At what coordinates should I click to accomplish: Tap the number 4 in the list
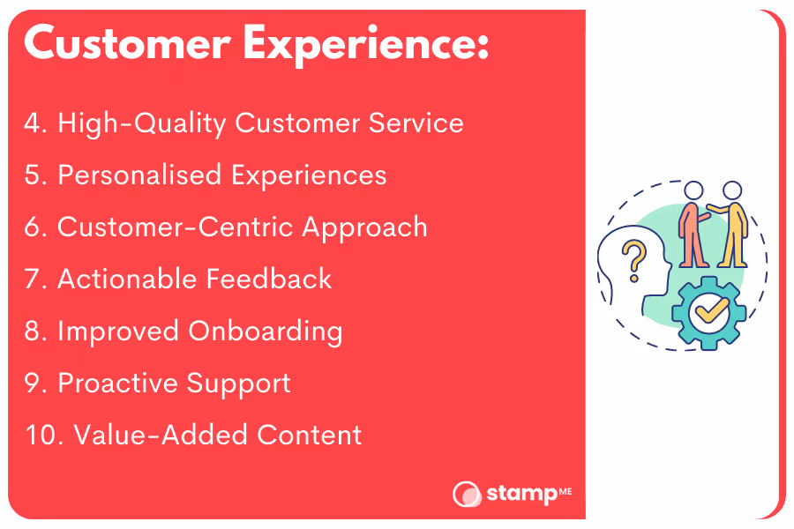(x=33, y=123)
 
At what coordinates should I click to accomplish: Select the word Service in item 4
(x=416, y=123)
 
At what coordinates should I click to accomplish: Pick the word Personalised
(x=139, y=175)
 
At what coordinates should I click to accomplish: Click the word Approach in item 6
(x=364, y=227)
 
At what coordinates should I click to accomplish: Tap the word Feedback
(x=269, y=279)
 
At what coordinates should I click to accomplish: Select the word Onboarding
(x=266, y=332)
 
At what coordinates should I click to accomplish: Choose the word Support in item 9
(x=238, y=384)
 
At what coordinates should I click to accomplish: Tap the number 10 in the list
(x=43, y=436)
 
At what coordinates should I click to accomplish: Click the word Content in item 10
(x=309, y=436)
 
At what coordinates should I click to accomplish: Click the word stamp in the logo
(x=521, y=494)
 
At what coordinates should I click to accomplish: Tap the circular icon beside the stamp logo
(x=467, y=494)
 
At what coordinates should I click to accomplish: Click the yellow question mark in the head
(x=634, y=261)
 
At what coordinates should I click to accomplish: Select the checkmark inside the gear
(x=711, y=309)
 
